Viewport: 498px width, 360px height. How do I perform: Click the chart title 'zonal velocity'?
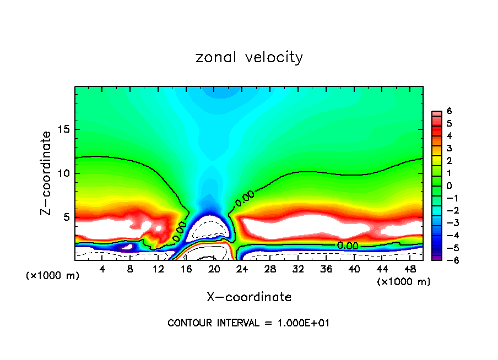[249, 57]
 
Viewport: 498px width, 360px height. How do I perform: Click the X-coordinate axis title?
[249, 297]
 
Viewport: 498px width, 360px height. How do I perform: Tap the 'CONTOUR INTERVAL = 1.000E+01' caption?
[248, 323]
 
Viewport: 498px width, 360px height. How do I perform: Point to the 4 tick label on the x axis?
[102, 269]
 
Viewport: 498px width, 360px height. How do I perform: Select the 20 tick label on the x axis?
[214, 269]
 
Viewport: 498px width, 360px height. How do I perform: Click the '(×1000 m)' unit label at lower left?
[53, 276]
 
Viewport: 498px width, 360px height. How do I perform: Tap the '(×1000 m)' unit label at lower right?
[404, 282]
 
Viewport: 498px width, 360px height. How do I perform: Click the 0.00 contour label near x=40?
[348, 246]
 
